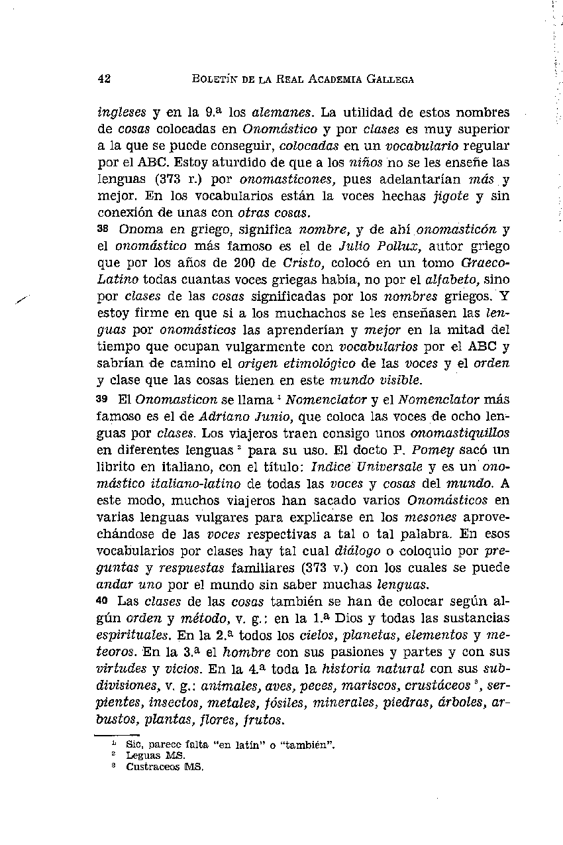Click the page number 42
103,79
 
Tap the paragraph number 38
102,230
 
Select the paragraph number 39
102,399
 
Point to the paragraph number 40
102,601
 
